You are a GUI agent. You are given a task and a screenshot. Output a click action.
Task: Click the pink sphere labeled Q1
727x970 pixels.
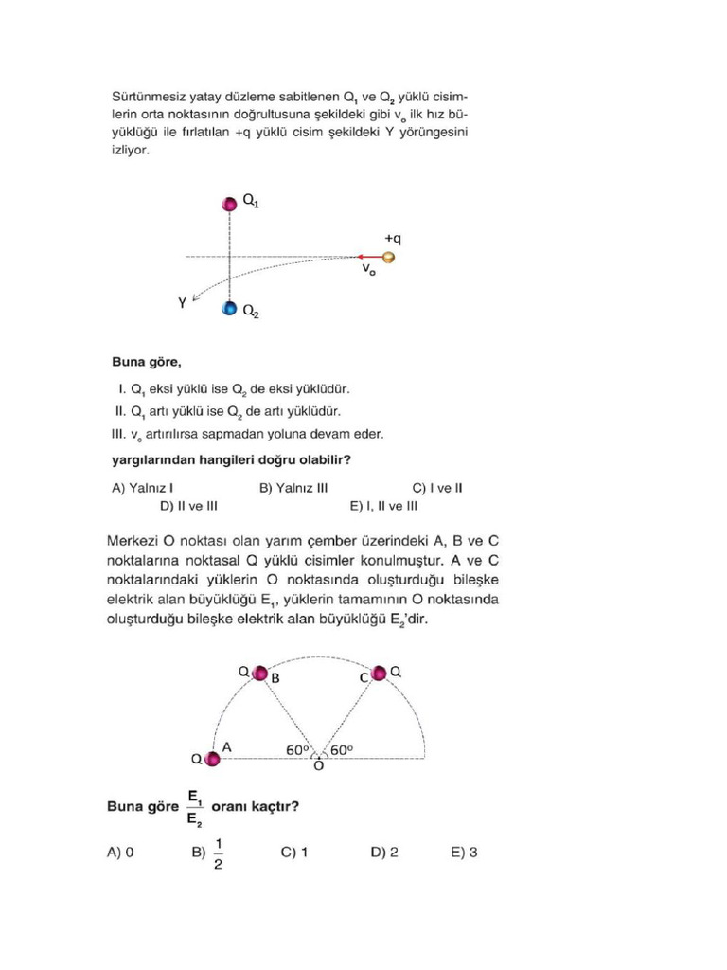pyautogui.click(x=229, y=204)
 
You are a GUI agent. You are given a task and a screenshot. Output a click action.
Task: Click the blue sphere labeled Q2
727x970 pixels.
pyautogui.click(x=229, y=309)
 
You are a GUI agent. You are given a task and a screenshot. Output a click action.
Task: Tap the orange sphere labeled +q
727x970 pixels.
pyautogui.click(x=388, y=257)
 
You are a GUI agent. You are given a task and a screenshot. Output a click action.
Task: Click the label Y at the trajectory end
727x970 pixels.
pyautogui.click(x=182, y=303)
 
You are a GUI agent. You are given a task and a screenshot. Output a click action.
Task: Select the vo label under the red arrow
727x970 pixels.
pyautogui.click(x=368, y=270)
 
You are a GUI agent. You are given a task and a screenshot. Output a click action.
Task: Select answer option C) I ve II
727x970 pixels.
pyautogui.click(x=436, y=489)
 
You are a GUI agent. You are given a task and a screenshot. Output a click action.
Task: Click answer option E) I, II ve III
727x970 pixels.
pyautogui.click(x=383, y=506)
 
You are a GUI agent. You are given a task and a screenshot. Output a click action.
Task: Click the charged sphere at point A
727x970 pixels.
pyautogui.click(x=213, y=759)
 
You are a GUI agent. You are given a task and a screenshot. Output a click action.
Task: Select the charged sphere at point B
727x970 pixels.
pyautogui.click(x=260, y=674)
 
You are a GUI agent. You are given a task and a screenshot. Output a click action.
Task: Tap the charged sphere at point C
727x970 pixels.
pyautogui.click(x=379, y=673)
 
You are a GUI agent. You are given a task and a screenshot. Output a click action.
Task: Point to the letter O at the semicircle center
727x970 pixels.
pyautogui.click(x=318, y=765)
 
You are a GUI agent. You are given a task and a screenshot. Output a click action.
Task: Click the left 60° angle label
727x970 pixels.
pyautogui.click(x=298, y=749)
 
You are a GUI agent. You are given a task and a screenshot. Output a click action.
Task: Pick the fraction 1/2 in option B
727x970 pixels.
pyautogui.click(x=219, y=853)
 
